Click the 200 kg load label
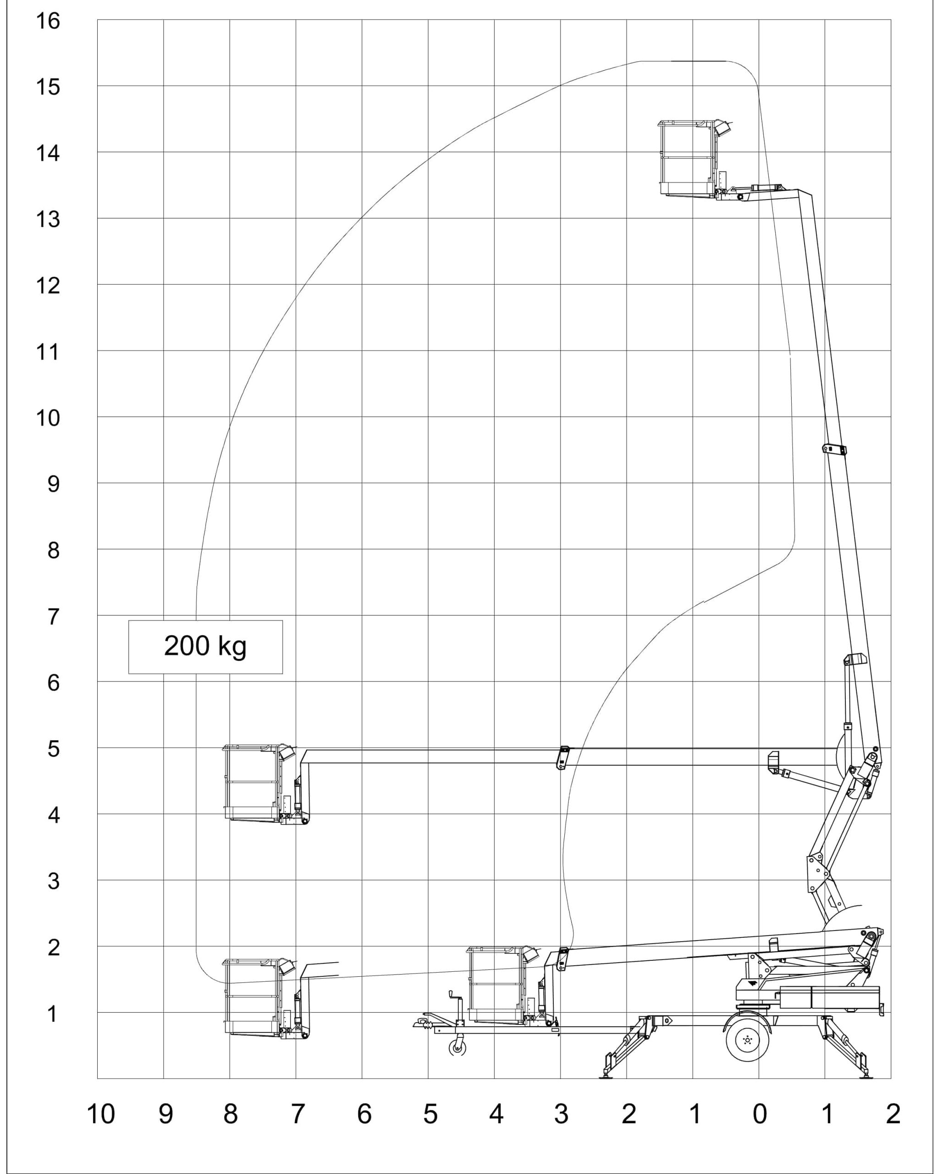(205, 646)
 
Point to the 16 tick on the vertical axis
(48, 21)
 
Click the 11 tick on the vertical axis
(48, 352)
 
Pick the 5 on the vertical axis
(53, 749)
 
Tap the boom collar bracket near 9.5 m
(834, 449)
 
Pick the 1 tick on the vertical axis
(52, 1014)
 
